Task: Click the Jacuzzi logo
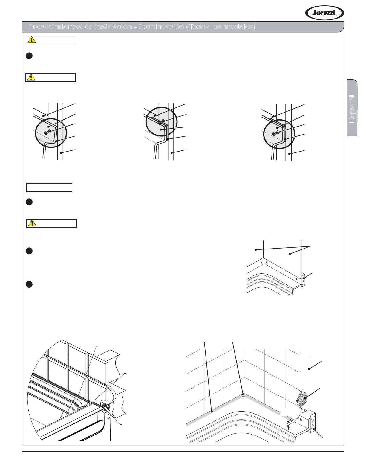324,13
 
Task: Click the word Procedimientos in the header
56,27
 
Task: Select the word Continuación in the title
161,27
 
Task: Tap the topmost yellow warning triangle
32,40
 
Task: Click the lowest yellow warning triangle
32,223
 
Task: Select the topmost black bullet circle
29,56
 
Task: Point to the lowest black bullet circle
29,284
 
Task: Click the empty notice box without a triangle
49,187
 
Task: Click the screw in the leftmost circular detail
48,132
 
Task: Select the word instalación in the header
113,27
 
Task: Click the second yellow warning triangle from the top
31,77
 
